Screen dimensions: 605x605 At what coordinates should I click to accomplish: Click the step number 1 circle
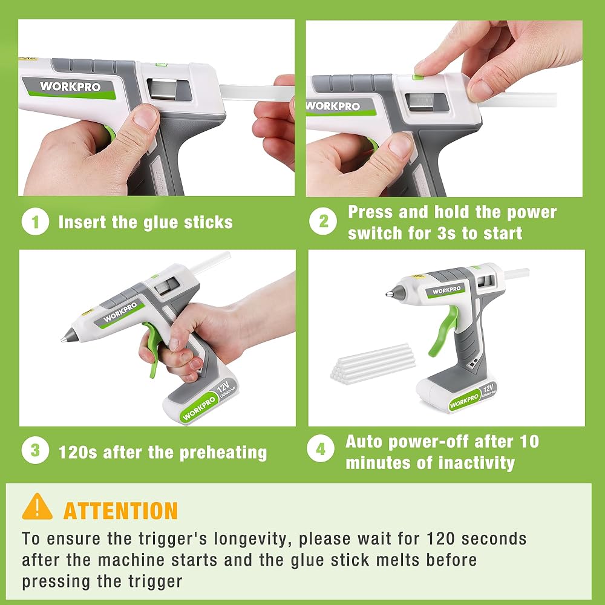coord(35,222)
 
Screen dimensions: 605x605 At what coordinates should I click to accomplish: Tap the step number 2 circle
coord(323,221)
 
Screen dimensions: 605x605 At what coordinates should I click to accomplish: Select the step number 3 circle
coord(35,450)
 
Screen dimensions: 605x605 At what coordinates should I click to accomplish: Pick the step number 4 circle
coord(321,449)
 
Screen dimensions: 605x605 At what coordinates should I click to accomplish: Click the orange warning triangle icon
coord(37,507)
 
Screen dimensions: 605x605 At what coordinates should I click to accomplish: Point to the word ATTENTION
coord(120,511)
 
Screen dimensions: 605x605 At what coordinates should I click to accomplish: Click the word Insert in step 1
coord(82,222)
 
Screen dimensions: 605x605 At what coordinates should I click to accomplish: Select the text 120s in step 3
coord(77,452)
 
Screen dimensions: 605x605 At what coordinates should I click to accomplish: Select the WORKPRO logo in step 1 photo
coord(70,87)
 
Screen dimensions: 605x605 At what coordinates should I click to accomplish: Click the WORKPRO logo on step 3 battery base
coord(199,408)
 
